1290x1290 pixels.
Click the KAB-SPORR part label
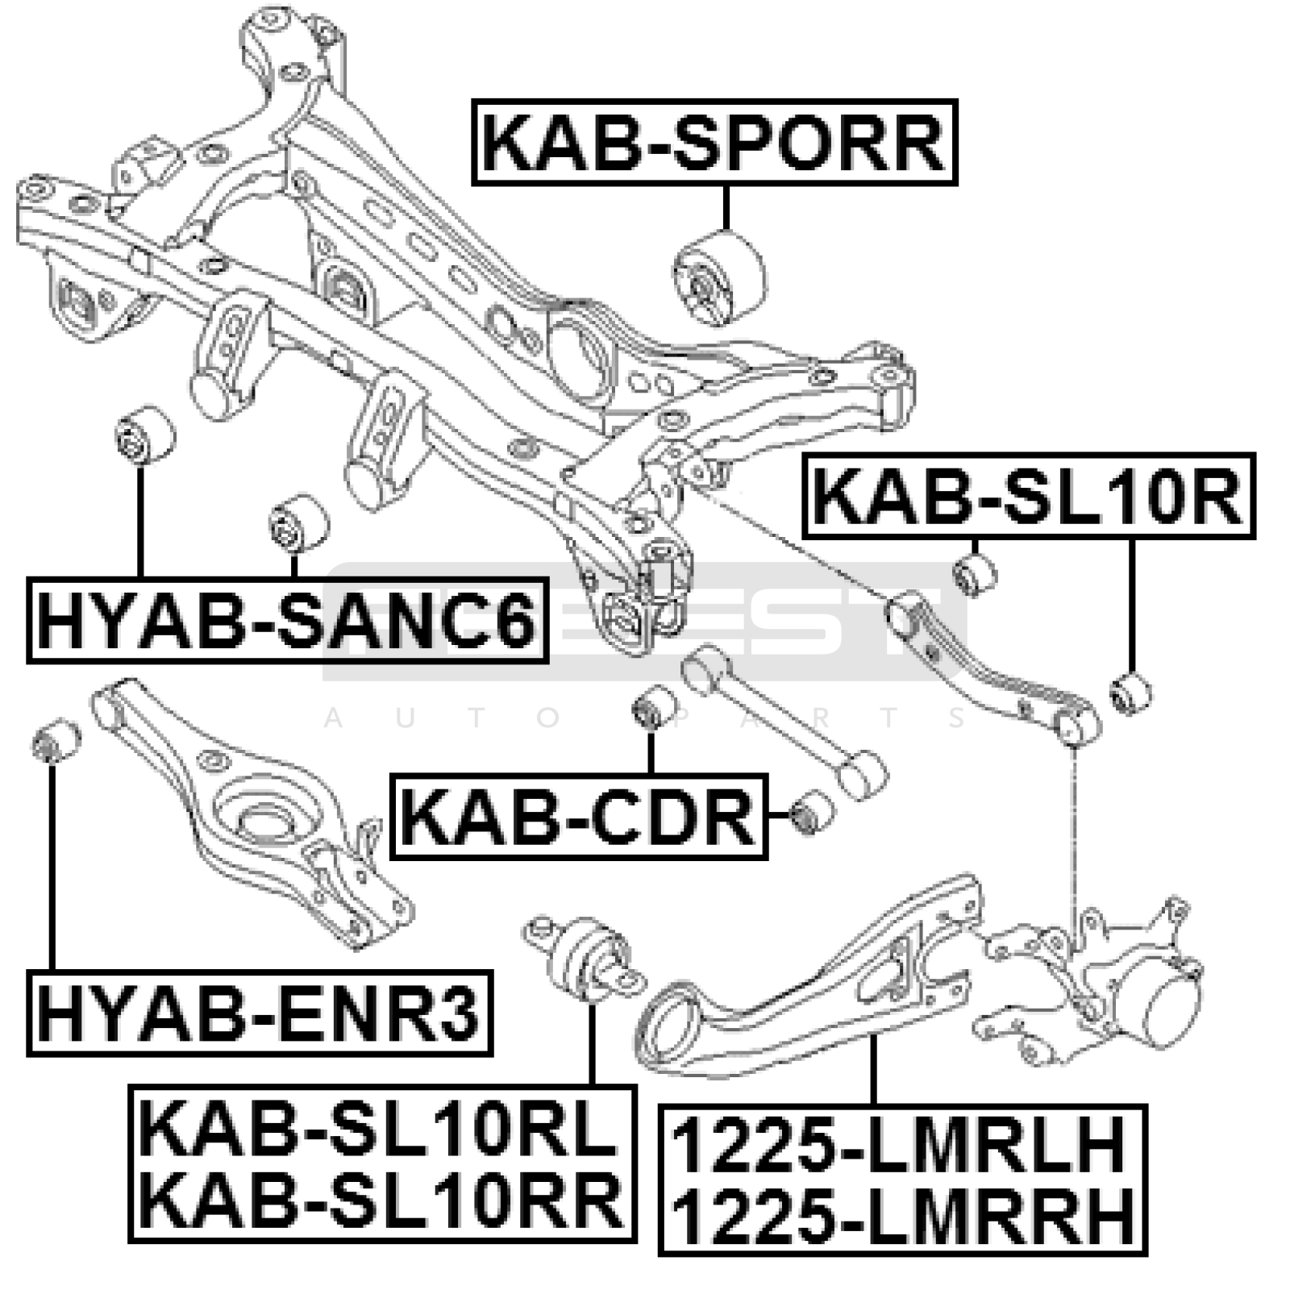point(714,144)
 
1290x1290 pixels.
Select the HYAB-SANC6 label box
point(287,620)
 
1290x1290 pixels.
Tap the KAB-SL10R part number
point(1029,496)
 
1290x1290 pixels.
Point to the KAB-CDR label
point(578,817)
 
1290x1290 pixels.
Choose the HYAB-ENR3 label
point(259,1013)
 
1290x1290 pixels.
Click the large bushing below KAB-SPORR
point(719,279)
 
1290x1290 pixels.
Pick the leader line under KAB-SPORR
point(726,208)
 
